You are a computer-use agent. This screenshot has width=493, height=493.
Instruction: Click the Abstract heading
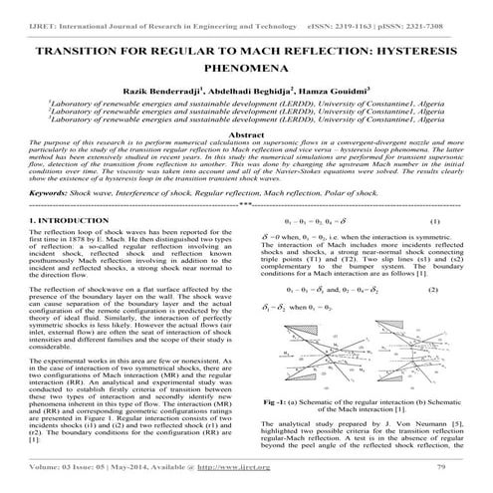coord(246,132)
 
